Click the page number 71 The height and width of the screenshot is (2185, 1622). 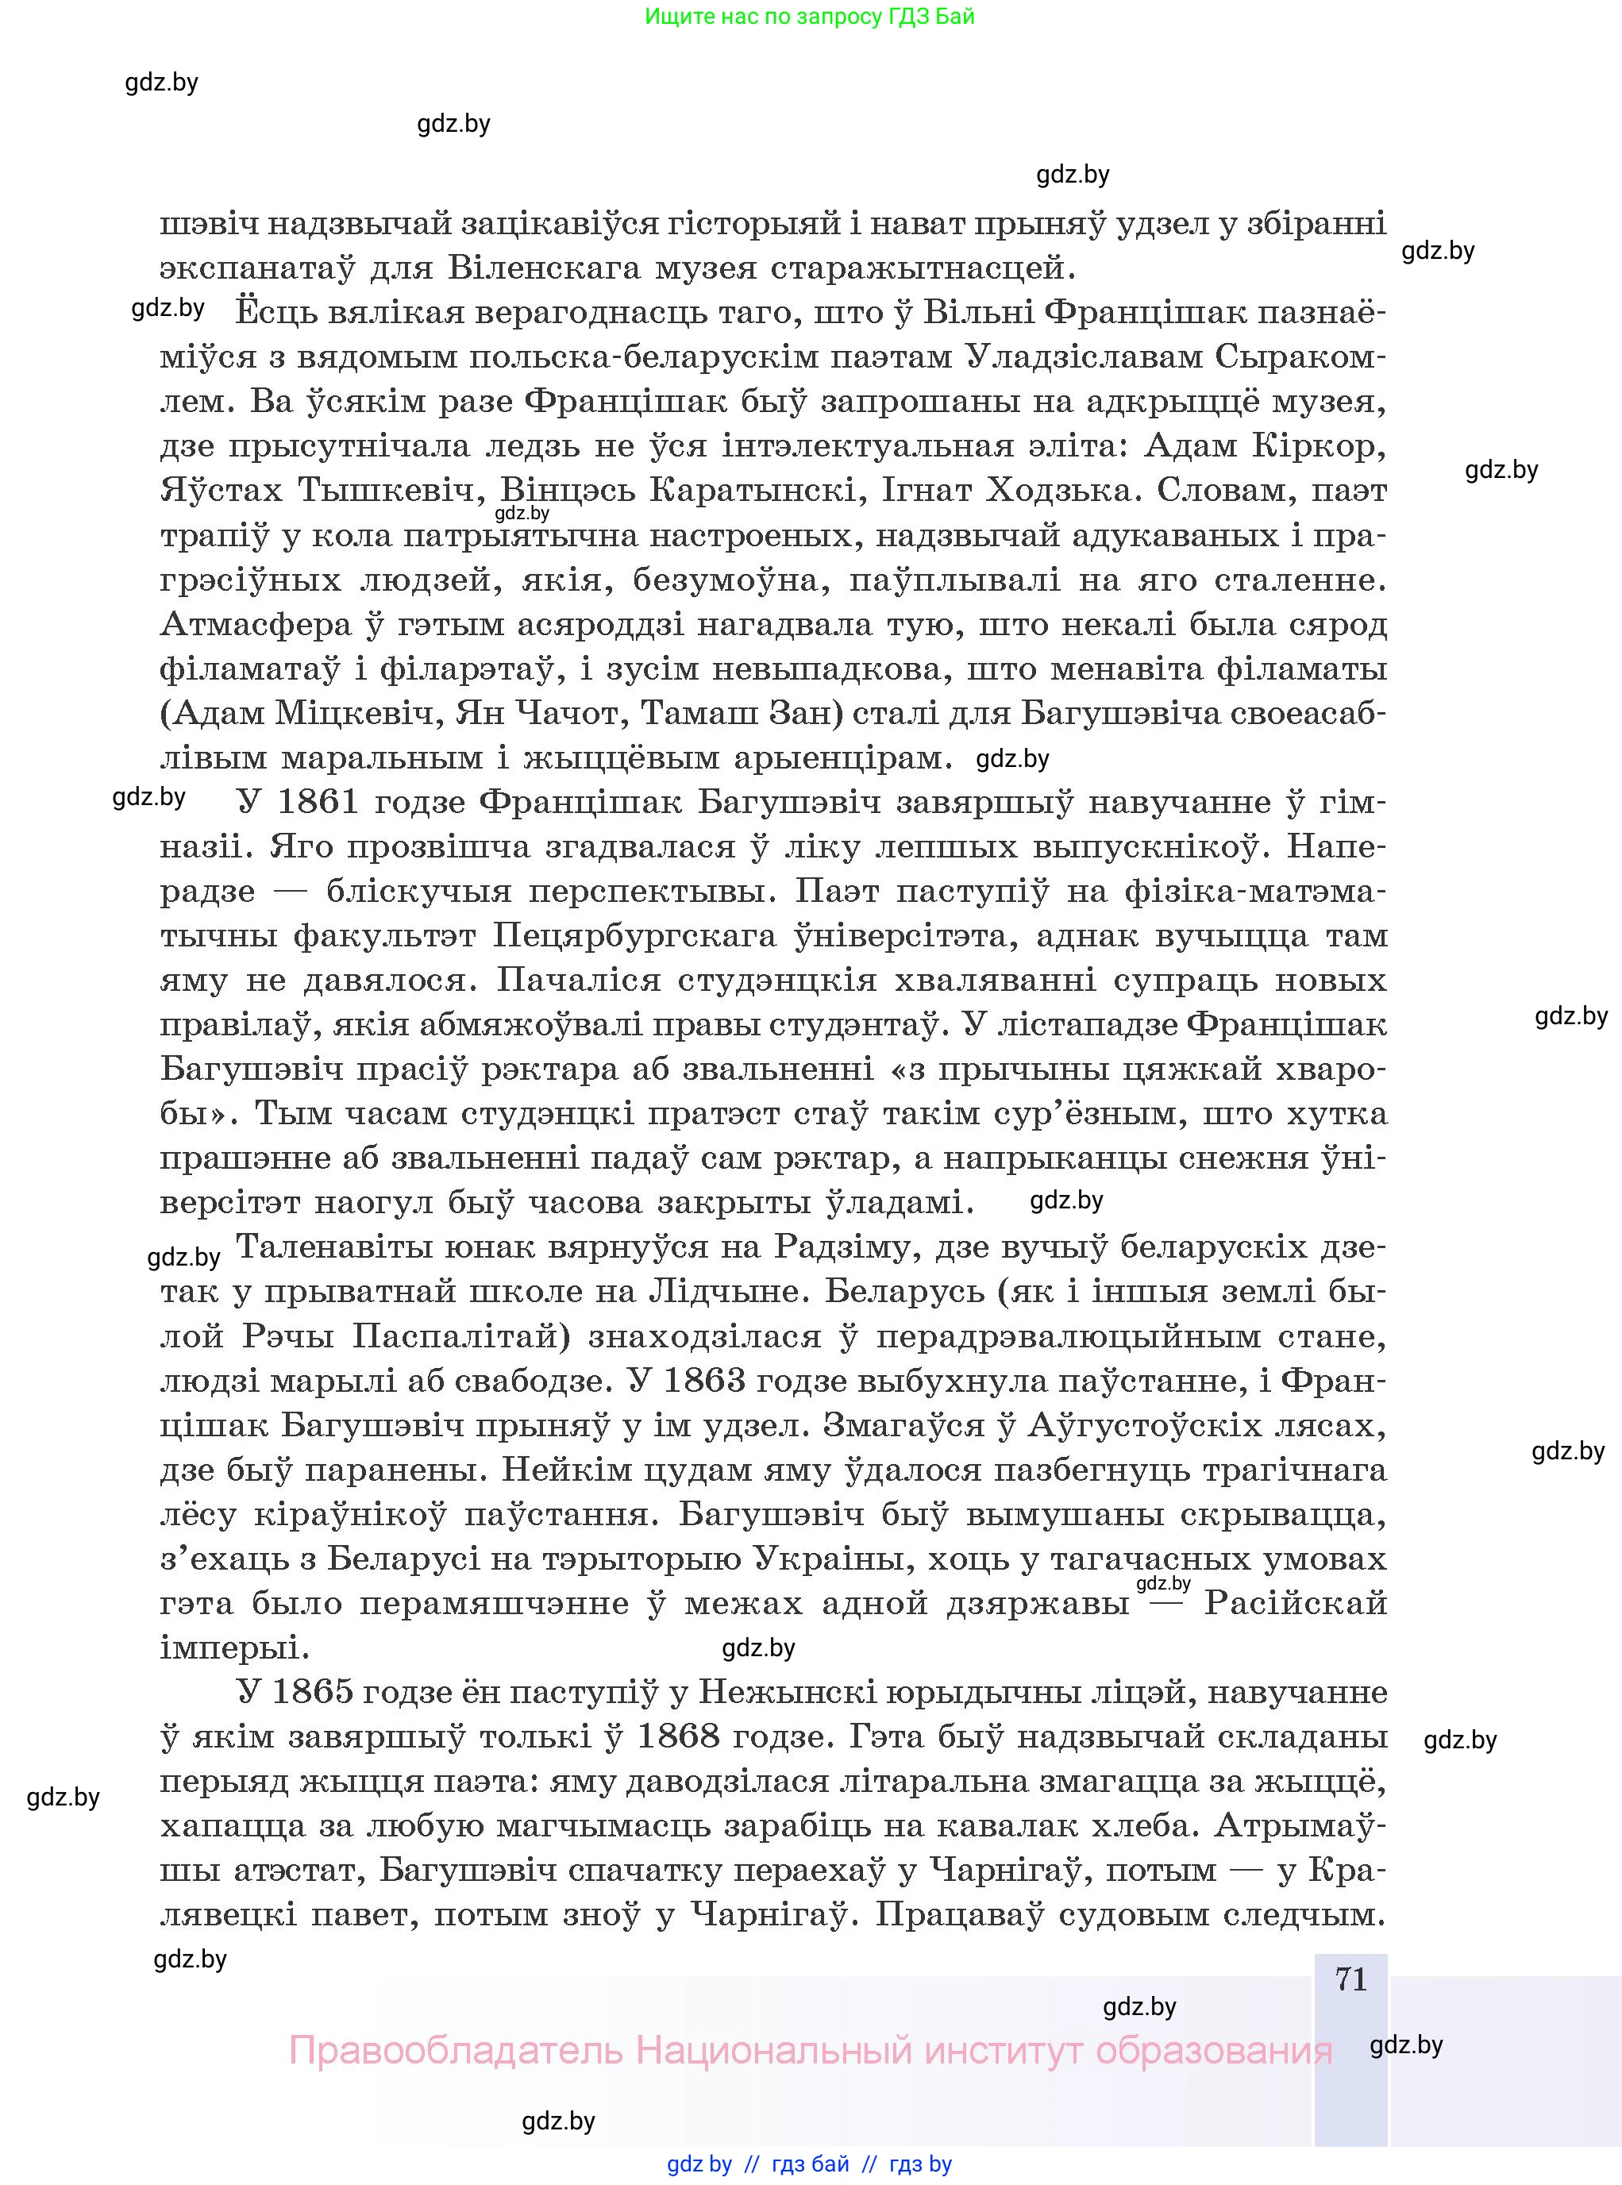(1351, 1979)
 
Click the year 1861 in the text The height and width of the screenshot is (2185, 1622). (316, 803)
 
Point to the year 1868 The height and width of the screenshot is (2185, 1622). (677, 1736)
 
